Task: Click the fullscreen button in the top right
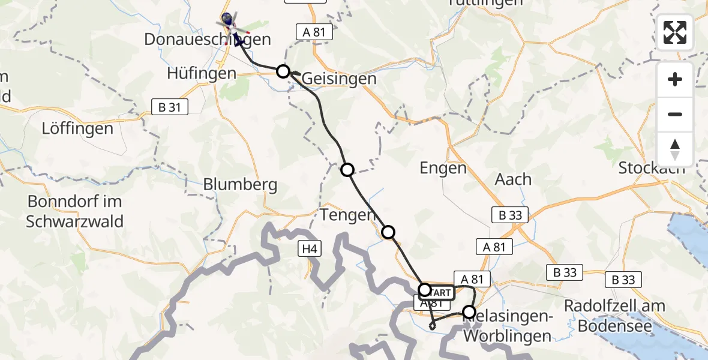(x=675, y=32)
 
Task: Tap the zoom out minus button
(x=675, y=114)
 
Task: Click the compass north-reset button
(x=675, y=149)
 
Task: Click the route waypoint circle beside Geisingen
(x=283, y=71)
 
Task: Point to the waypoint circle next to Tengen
(x=388, y=232)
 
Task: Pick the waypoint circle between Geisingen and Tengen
(x=347, y=170)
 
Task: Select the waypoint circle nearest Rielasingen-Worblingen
(x=469, y=312)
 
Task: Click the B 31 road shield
(x=170, y=107)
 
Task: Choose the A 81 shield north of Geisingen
(x=314, y=32)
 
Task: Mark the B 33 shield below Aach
(x=509, y=215)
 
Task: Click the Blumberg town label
(x=240, y=184)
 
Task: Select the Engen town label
(x=443, y=168)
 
